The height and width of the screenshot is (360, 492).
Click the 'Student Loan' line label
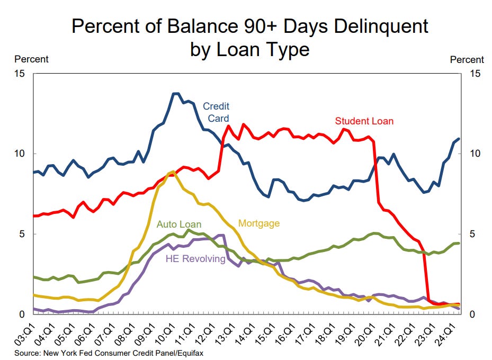tap(364, 121)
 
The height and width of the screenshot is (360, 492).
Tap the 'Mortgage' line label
tap(259, 223)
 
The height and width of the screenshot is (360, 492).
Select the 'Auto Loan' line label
tap(179, 224)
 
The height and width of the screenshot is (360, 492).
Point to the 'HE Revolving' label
tap(195, 259)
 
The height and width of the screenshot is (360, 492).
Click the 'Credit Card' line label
tap(216, 112)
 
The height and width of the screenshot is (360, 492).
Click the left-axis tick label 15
tap(19, 74)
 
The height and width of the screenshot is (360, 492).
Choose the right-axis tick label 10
tap(475, 154)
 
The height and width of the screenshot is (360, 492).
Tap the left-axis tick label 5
tap(22, 234)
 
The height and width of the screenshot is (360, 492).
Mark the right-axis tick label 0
tap(472, 314)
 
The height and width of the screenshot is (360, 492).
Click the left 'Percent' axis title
tap(31, 59)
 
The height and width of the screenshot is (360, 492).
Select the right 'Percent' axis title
tap(467, 60)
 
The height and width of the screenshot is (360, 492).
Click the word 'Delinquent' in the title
tap(381, 26)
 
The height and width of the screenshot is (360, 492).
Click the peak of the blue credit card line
tap(175, 94)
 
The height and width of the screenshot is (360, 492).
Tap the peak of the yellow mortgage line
tap(173, 172)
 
